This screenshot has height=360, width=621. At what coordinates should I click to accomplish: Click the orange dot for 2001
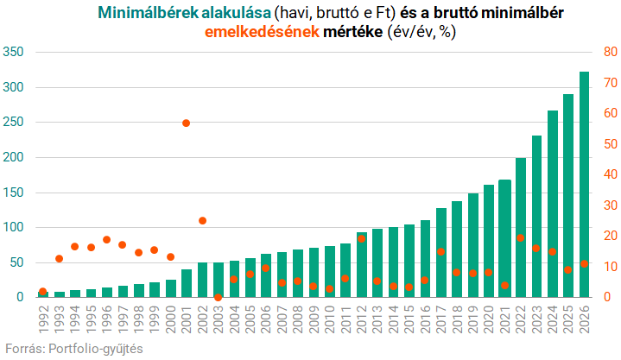(186, 123)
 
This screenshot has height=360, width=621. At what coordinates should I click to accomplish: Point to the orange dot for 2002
(202, 221)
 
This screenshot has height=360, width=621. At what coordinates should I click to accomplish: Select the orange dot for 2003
(218, 297)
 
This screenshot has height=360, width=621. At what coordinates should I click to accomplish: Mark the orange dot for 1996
(106, 240)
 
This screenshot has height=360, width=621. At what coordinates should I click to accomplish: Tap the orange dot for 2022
(520, 237)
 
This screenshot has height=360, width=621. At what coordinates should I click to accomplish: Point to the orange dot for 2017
(440, 252)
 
